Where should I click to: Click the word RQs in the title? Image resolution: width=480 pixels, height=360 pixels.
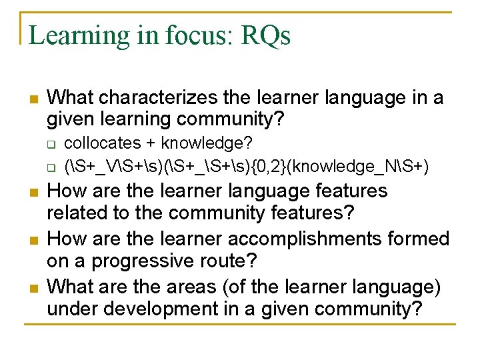click(266, 35)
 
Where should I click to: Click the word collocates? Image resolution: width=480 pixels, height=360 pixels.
click(102, 143)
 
